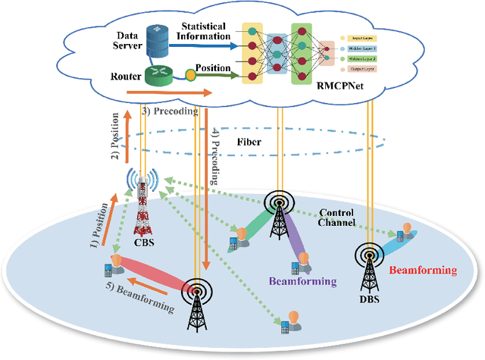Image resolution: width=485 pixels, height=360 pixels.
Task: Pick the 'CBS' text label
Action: coord(143,243)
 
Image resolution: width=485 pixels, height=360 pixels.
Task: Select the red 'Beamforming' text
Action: coord(423,270)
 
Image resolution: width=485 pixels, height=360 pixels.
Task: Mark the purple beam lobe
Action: coord(294,242)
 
